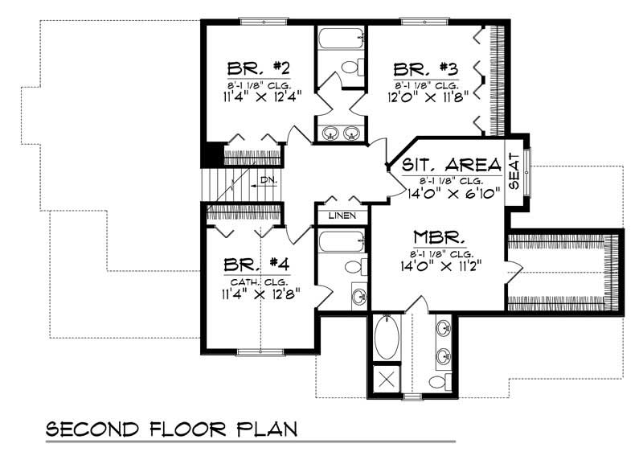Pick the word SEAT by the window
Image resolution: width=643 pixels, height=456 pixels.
click(514, 172)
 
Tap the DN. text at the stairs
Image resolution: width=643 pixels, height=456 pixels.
click(268, 181)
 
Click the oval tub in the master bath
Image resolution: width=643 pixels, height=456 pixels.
click(384, 339)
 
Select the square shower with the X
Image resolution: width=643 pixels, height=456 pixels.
click(384, 380)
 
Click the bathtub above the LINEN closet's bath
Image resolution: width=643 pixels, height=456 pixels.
click(341, 241)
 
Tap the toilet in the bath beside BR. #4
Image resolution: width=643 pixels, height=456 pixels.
click(354, 266)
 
